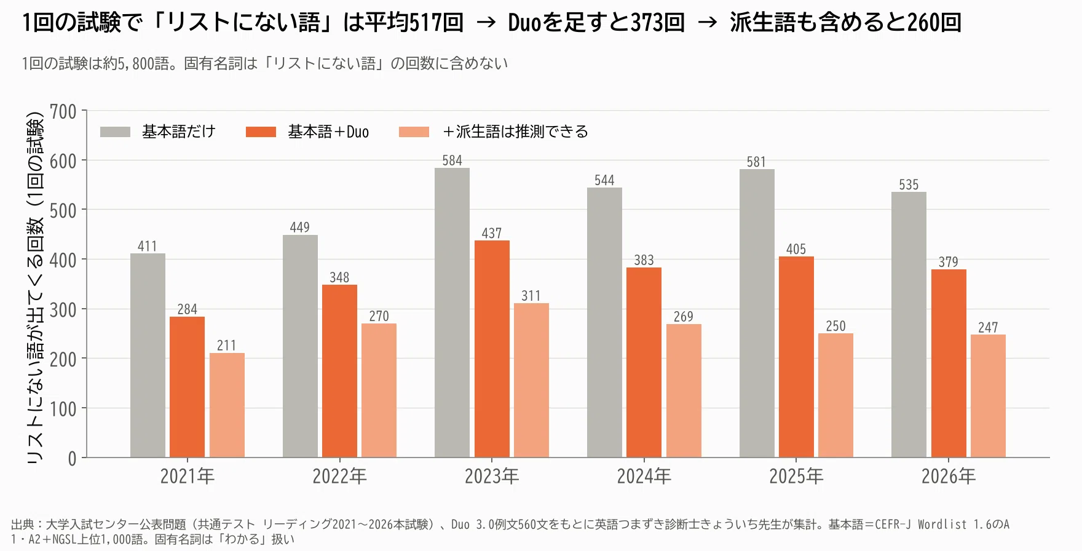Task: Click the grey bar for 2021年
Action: tap(148, 355)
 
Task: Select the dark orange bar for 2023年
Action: tap(492, 349)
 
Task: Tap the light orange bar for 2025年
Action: tap(835, 395)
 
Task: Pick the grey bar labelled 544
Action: tap(604, 322)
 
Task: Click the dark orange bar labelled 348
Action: tap(339, 371)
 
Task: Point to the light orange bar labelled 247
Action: tap(988, 396)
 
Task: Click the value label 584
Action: tap(452, 161)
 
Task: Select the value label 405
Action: tap(796, 249)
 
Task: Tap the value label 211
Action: tap(227, 346)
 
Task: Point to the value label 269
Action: tap(684, 317)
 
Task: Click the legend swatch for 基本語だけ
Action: tap(115, 132)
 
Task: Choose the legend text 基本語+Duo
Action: tap(328, 132)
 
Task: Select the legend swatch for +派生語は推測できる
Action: tap(414, 132)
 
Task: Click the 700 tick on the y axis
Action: tap(63, 112)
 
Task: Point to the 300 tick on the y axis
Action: tap(63, 310)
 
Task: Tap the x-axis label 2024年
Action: tap(644, 476)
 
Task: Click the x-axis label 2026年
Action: tap(949, 476)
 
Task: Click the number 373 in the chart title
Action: tap(649, 23)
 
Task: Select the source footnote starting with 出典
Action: tap(510, 531)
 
